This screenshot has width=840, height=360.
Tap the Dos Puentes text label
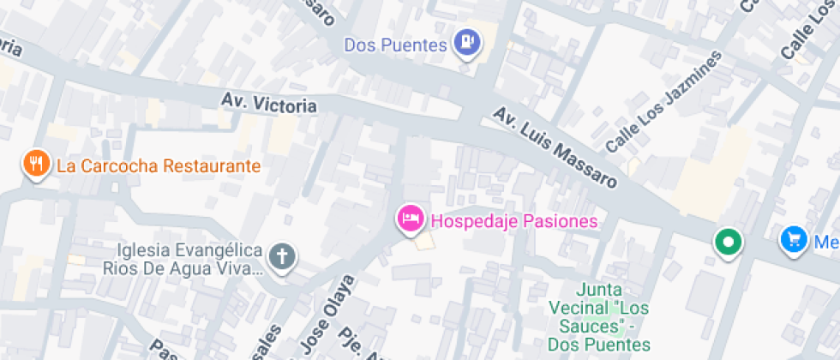click(396, 45)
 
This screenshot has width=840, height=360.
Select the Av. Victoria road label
click(268, 103)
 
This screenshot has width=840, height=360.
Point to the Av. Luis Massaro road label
click(555, 147)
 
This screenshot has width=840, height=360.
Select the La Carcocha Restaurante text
click(159, 165)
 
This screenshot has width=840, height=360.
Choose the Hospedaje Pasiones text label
click(513, 221)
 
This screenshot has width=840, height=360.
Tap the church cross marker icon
click(281, 255)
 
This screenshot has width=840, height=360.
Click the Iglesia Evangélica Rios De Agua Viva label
click(182, 259)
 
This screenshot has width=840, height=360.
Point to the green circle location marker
click(729, 242)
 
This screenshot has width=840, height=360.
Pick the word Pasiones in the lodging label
click(558, 221)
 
